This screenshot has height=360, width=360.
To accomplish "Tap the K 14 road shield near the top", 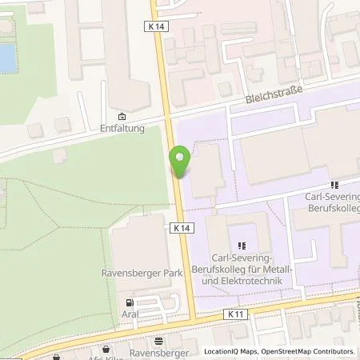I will (x=157, y=26).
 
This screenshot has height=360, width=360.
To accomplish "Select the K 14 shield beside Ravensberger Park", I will (x=181, y=228).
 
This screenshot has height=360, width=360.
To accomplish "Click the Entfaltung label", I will (x=122, y=128).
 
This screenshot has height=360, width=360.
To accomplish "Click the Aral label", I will (x=130, y=314).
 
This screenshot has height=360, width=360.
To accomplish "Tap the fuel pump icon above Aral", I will (x=130, y=303).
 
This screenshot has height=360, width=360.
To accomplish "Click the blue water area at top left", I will (x=7, y=56).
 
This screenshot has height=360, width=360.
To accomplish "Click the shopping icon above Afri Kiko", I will (x=107, y=349).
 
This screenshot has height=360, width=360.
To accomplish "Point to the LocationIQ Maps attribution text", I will (x=232, y=351).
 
